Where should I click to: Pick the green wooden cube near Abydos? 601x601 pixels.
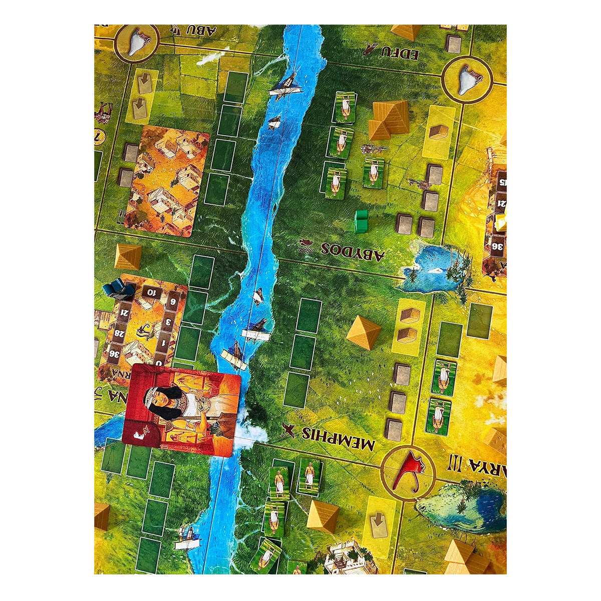click(361, 221)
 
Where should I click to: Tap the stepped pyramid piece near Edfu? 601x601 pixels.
click(389, 119)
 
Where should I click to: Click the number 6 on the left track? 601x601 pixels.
click(173, 302)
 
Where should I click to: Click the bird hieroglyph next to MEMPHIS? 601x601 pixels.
click(287, 430)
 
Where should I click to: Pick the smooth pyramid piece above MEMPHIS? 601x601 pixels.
click(364, 332)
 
